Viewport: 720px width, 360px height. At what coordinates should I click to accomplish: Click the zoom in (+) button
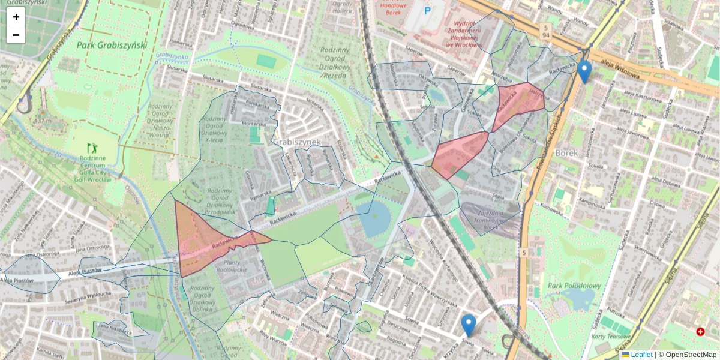point(16,17)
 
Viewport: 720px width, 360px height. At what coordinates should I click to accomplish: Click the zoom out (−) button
point(16,35)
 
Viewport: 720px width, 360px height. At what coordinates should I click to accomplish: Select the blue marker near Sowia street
point(469,326)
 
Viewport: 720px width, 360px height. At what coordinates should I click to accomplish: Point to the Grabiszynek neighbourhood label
point(297,142)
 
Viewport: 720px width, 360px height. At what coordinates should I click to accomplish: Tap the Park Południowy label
point(573,285)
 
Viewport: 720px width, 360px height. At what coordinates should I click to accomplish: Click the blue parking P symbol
point(428,11)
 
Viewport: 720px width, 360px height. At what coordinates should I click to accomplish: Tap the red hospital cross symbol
point(700,332)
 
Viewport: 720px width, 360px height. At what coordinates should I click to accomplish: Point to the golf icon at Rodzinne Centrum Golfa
point(91,147)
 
